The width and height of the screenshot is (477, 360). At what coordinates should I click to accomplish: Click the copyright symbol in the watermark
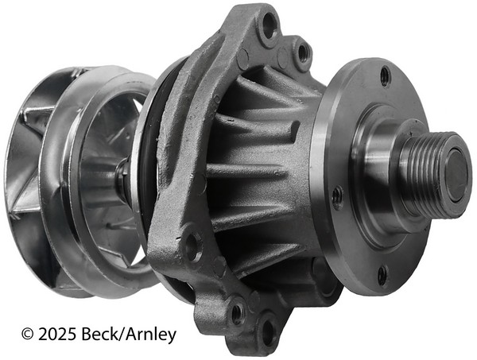[27, 334]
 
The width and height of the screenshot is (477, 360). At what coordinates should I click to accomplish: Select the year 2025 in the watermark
[57, 334]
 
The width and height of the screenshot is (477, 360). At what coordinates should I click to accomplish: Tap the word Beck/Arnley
[129, 335]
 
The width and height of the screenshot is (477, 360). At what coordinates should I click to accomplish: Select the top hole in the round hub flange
[385, 75]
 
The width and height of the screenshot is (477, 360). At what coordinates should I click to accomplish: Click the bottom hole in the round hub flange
[382, 275]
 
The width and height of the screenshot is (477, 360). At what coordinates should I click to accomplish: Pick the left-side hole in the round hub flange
[337, 198]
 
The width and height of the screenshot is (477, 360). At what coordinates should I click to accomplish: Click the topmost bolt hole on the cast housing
[269, 25]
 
